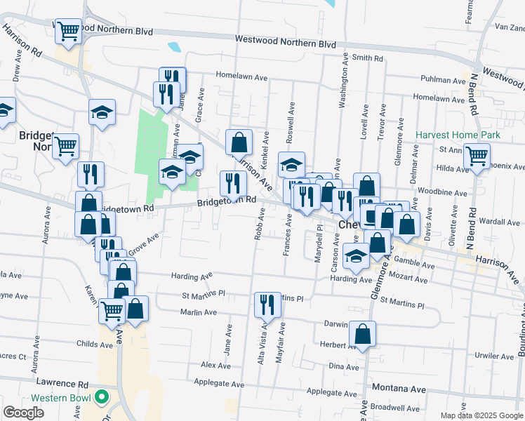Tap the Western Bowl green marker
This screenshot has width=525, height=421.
click(x=102, y=398)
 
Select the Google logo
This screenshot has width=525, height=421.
click(x=23, y=413)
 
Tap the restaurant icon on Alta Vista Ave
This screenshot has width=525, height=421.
click(x=267, y=304)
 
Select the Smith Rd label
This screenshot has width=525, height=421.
click(x=367, y=58)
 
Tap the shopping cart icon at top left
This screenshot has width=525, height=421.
click(x=68, y=31)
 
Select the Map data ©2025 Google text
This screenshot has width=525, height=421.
click(x=481, y=415)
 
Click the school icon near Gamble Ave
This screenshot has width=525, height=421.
click(x=357, y=255)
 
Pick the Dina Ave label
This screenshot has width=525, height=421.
click(x=344, y=366)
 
